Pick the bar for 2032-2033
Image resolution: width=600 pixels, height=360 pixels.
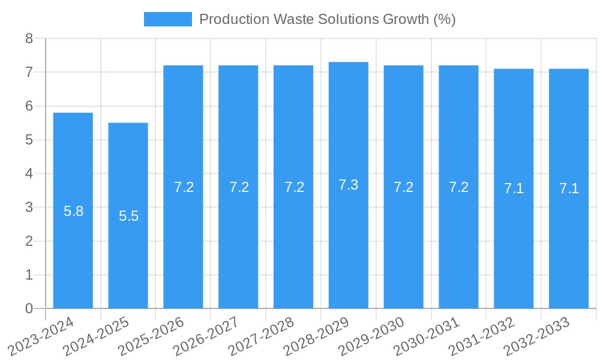point(569,240)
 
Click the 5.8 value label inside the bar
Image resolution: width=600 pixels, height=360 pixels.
point(73,211)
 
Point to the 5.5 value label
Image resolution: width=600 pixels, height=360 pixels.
point(128,217)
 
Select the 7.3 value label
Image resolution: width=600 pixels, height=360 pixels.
point(349,185)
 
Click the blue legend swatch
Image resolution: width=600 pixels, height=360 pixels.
point(168,19)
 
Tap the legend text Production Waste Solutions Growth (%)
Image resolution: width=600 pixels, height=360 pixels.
point(327,19)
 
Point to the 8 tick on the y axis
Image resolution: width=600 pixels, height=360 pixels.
point(29,39)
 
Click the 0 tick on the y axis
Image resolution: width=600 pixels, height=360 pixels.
point(29,308)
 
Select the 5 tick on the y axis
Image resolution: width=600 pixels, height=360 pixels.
point(29,140)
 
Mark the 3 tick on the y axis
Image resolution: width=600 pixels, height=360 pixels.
point(29,208)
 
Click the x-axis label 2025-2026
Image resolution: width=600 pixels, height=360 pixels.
point(151,336)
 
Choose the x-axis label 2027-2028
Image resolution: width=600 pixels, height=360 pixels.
point(262,336)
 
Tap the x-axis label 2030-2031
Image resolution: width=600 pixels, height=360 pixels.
point(427,336)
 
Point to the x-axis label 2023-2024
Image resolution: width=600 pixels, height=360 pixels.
point(41,336)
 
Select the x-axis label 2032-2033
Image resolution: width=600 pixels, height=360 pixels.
point(537,336)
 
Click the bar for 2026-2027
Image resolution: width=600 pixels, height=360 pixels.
point(238,240)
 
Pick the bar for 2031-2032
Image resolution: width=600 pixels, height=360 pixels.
point(514,240)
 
